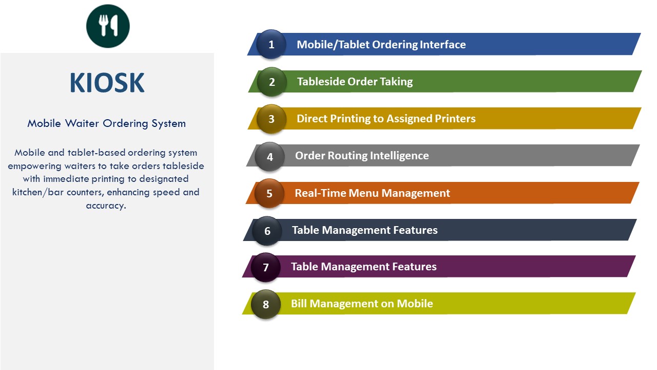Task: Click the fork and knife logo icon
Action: click(x=108, y=26)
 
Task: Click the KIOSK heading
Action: click(x=107, y=83)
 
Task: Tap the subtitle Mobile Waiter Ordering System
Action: click(x=106, y=124)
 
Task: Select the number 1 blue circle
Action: click(x=272, y=44)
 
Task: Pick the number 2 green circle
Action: click(x=272, y=82)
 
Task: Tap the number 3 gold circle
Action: click(x=272, y=119)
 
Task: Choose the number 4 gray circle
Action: click(x=270, y=157)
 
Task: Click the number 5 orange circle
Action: click(x=269, y=194)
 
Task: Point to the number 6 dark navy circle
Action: click(x=267, y=231)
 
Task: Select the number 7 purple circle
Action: click(x=266, y=267)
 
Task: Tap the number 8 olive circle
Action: click(x=266, y=304)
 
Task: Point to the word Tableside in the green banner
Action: click(x=321, y=82)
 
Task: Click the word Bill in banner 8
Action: click(x=299, y=304)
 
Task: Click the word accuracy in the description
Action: click(x=106, y=206)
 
